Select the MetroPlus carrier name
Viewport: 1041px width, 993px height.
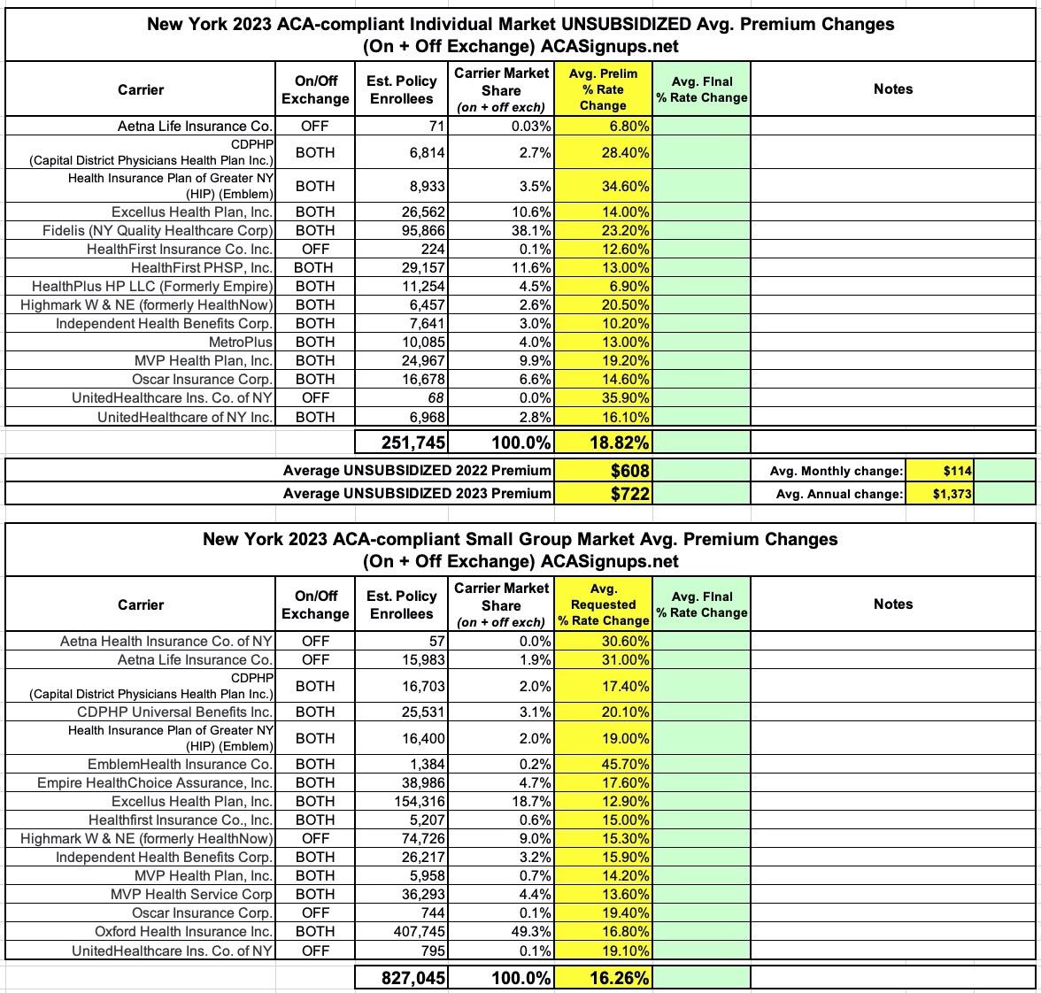pyautogui.click(x=241, y=342)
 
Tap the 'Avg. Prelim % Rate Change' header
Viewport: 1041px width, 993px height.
pyautogui.click(x=603, y=89)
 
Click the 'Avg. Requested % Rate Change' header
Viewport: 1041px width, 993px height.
pyautogui.click(x=603, y=604)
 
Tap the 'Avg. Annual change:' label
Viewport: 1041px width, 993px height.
pyautogui.click(x=839, y=494)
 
